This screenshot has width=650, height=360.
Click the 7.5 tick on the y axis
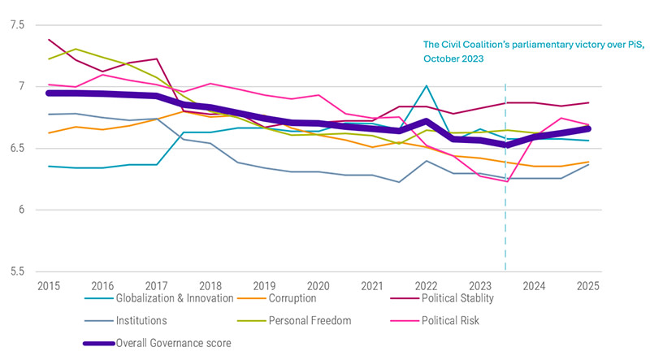click(x=17, y=25)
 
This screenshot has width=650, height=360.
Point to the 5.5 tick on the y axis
click(x=17, y=271)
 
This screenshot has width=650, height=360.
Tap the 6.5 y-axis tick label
click(x=17, y=149)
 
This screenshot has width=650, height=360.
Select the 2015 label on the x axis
click(x=49, y=287)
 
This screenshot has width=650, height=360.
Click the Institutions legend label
click(x=145, y=321)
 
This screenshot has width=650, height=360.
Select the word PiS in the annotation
click(x=622, y=44)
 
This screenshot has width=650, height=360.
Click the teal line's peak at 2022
click(x=427, y=85)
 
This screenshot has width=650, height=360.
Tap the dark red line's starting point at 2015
click(x=50, y=39)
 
